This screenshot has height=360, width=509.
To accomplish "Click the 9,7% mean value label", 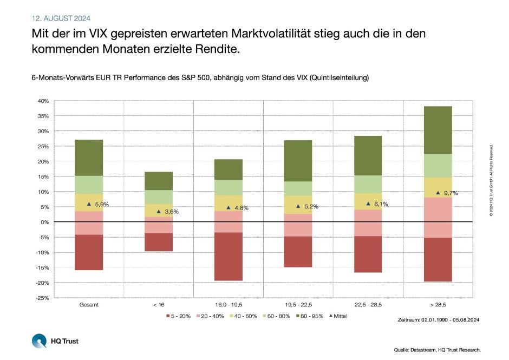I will (451, 193).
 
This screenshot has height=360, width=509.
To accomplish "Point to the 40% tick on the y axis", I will (43, 101).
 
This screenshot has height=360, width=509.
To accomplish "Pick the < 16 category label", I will (158, 305).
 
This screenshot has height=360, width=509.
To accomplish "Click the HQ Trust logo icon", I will (39, 341).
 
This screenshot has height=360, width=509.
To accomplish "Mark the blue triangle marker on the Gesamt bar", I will (89, 204).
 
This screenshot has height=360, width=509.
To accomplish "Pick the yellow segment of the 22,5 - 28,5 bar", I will (368, 201).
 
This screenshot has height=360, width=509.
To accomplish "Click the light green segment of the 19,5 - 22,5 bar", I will (298, 188).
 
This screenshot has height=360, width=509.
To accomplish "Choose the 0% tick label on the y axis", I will (45, 222).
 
